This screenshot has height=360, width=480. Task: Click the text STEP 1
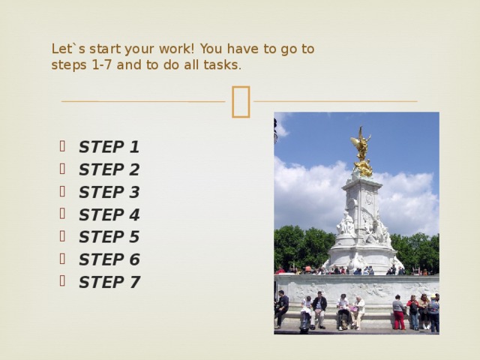point(109,147)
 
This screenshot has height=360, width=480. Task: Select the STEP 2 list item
point(109,169)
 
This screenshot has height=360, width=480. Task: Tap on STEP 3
point(109,192)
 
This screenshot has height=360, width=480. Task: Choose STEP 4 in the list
point(109,214)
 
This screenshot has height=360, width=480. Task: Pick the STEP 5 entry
point(109,237)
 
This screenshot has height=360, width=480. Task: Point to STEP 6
point(109,259)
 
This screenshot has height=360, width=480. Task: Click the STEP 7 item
point(109,282)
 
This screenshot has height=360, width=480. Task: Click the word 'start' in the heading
point(103,49)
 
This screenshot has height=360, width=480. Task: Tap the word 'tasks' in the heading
point(222,65)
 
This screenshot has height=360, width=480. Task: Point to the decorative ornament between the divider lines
point(240,101)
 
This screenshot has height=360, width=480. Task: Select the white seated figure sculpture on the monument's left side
point(345,223)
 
